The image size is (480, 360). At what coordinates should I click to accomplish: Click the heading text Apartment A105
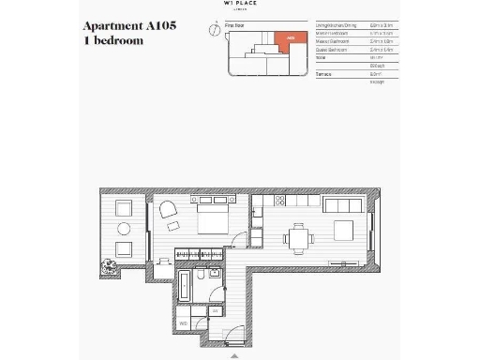pyautogui.click(x=129, y=27)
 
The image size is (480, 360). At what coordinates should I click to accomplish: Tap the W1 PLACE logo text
pyautogui.click(x=239, y=4)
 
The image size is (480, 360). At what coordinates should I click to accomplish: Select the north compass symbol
pyautogui.click(x=216, y=29)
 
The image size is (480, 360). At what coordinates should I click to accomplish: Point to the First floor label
pyautogui.click(x=234, y=26)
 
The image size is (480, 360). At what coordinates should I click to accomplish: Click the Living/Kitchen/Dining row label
pyautogui.click(x=335, y=26)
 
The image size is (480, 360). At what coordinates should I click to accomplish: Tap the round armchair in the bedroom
pyautogui.click(x=170, y=211)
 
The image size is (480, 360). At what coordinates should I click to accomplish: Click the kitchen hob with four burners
pyautogui.click(x=281, y=202)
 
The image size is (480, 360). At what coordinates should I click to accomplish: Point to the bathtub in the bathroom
pyautogui.click(x=182, y=288)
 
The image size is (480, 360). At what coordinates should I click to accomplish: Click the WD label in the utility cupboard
pyautogui.click(x=184, y=322)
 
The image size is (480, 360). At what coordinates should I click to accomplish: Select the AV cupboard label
pyautogui.click(x=215, y=310)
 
